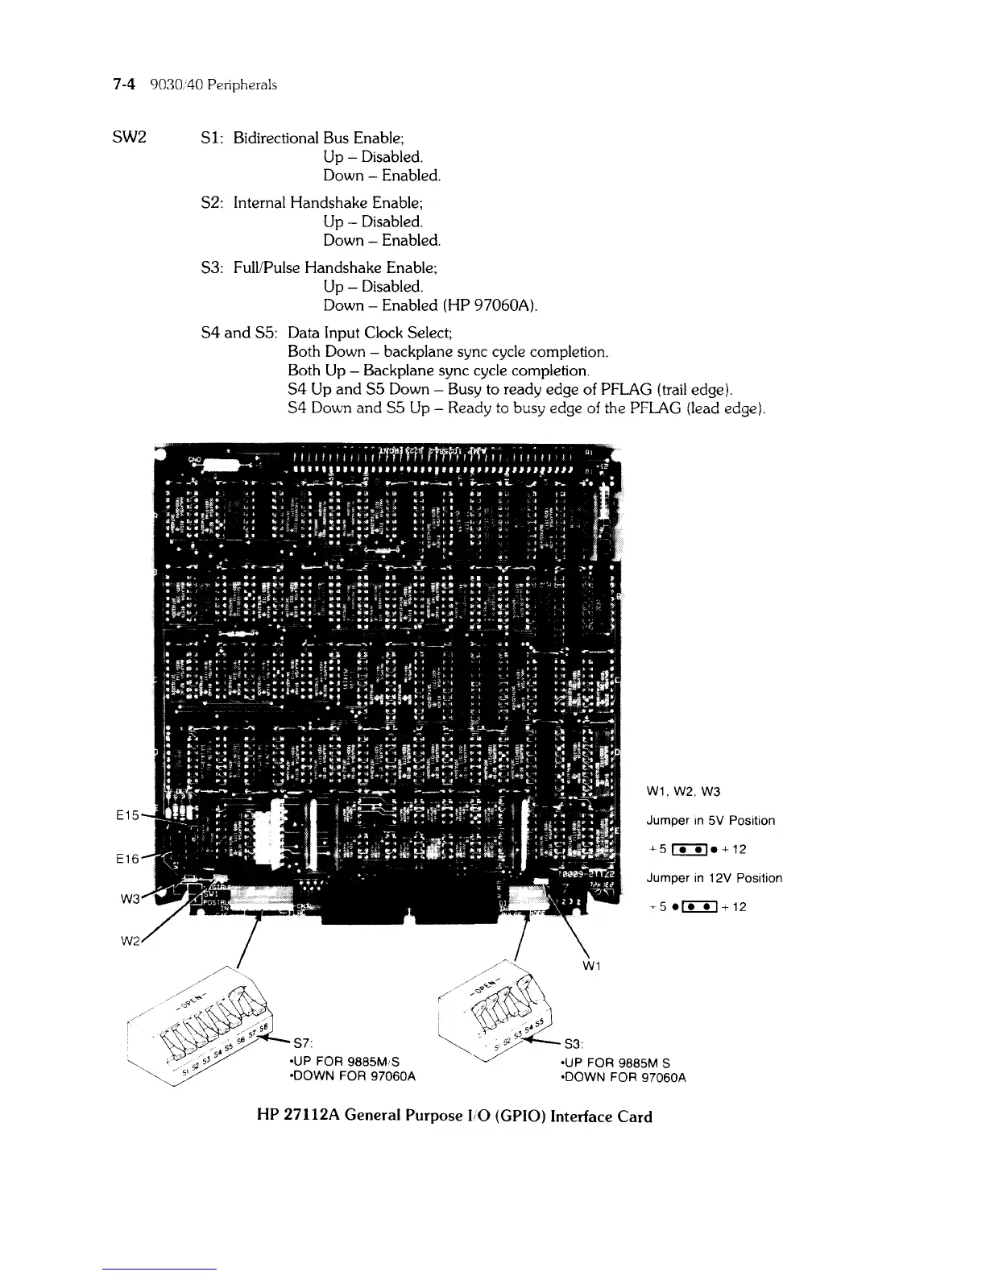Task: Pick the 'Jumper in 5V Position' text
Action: [x=710, y=820]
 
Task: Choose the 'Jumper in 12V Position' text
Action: [x=714, y=878]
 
